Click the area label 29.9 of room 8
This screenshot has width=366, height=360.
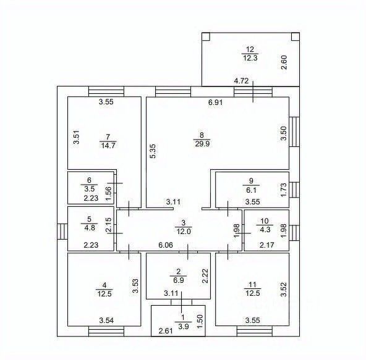point(202,144)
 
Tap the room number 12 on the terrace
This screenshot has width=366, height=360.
point(250,49)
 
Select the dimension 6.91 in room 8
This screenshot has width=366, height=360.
point(215,102)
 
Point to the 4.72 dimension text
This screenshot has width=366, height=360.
point(241,81)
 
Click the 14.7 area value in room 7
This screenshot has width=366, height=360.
point(108,146)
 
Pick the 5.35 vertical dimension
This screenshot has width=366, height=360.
point(153,151)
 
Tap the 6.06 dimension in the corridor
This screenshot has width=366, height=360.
point(166,245)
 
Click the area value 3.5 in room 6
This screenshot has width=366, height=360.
point(90,189)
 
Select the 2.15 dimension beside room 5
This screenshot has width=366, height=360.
point(109,225)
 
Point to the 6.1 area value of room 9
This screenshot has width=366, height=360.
point(251,190)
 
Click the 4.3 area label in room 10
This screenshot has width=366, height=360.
point(265,230)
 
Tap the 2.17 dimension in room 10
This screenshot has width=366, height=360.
point(267,245)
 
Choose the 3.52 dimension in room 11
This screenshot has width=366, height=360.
point(284,289)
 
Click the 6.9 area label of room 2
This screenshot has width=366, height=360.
point(179,280)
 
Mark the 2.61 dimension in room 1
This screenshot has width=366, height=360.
point(166,330)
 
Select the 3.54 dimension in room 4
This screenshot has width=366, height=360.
point(106,320)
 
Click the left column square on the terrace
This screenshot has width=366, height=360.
point(206,36)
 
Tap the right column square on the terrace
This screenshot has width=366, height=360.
point(296,36)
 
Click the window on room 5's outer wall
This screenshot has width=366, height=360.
point(62,232)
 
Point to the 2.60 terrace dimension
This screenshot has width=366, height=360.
point(284,62)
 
